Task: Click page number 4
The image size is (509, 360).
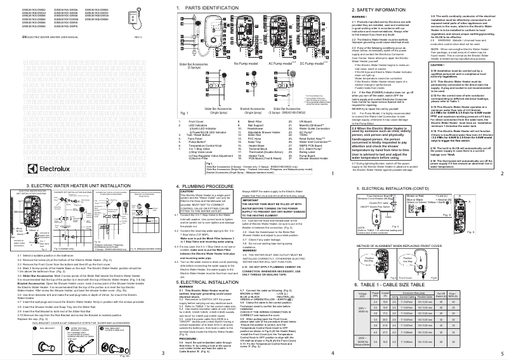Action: [x=333, y=352]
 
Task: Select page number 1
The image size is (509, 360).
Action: [x=333, y=172]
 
